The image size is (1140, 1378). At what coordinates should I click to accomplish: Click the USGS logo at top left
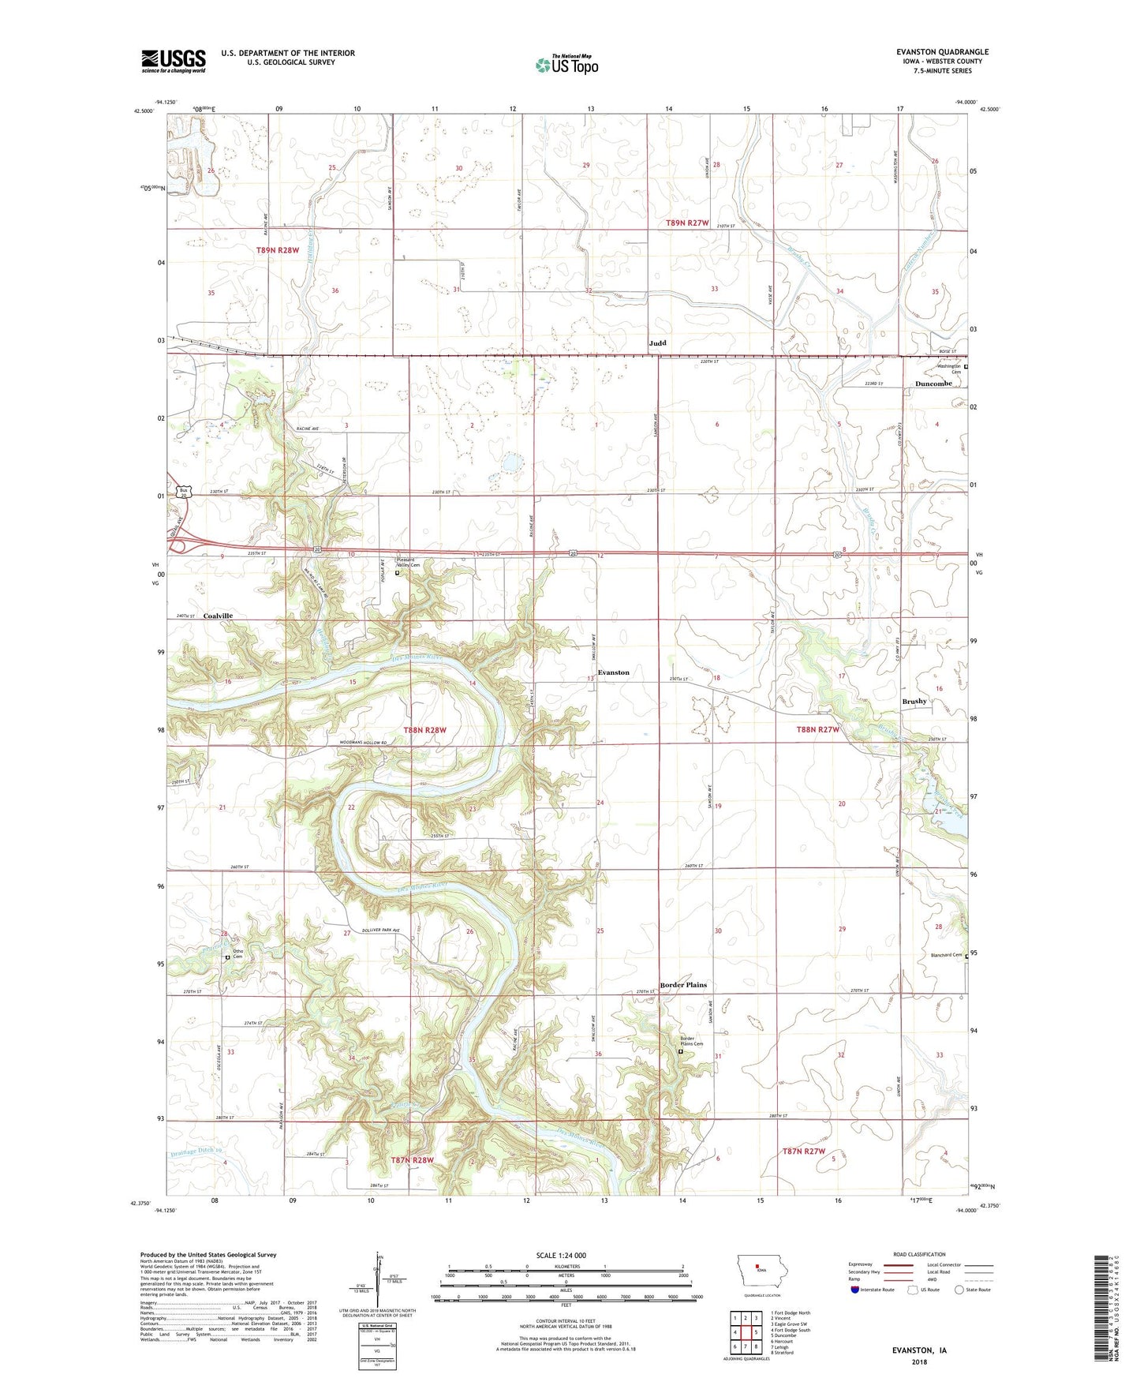174,61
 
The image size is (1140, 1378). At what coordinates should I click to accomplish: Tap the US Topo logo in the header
566,65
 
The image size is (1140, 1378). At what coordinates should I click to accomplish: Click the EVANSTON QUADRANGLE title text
942,52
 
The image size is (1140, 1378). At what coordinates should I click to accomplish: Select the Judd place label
657,343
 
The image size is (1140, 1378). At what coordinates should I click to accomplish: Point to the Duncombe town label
933,384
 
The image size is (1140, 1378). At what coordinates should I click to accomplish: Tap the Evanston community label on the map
613,672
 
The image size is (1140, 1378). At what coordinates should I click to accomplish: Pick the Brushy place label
914,701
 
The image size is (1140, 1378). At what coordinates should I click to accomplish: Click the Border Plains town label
683,985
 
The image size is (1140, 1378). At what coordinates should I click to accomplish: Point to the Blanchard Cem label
946,955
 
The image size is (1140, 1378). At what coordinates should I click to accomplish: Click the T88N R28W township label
425,730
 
